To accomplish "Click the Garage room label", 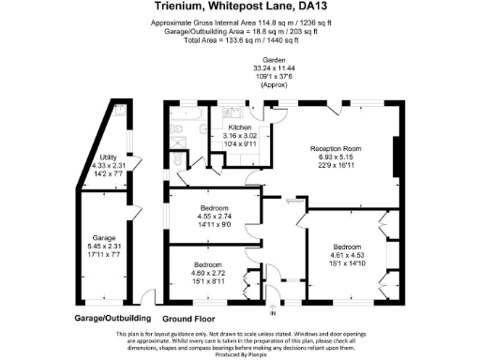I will point(102,238).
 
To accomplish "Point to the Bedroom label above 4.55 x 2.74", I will point(214,209).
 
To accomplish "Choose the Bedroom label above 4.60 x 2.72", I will point(207,264).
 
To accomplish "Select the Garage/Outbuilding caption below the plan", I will point(112,318).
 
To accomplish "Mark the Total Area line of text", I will point(240,40).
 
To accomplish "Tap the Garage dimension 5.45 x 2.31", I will point(102,247).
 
